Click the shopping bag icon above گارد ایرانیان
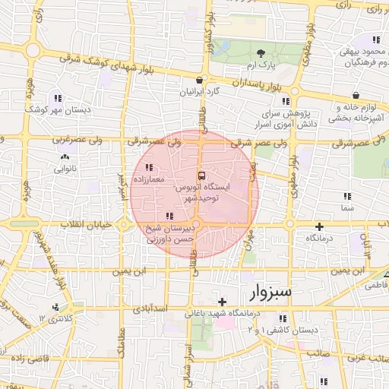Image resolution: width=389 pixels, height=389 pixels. click(199, 79)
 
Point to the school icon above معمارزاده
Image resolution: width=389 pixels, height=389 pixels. click(149, 167)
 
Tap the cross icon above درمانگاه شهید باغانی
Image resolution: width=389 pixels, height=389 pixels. click(222, 302)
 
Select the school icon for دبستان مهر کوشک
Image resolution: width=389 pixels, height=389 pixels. click(58, 98)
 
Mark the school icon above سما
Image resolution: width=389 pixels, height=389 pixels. click(346, 196)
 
